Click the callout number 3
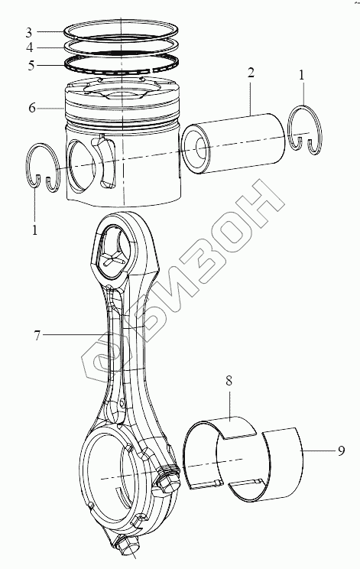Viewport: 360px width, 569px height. pos(29,33)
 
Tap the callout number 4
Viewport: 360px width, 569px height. pos(29,48)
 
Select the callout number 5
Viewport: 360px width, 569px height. pos(31,66)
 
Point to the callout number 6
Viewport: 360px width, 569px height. pos(32,108)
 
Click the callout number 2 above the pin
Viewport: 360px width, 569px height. pos(251,73)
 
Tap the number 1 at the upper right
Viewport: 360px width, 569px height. pos(302,75)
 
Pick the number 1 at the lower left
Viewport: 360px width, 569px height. pos(35,230)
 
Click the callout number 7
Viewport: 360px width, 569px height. pos(37,336)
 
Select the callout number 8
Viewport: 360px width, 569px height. pos(229,381)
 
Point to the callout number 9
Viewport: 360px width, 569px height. pos(341,450)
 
